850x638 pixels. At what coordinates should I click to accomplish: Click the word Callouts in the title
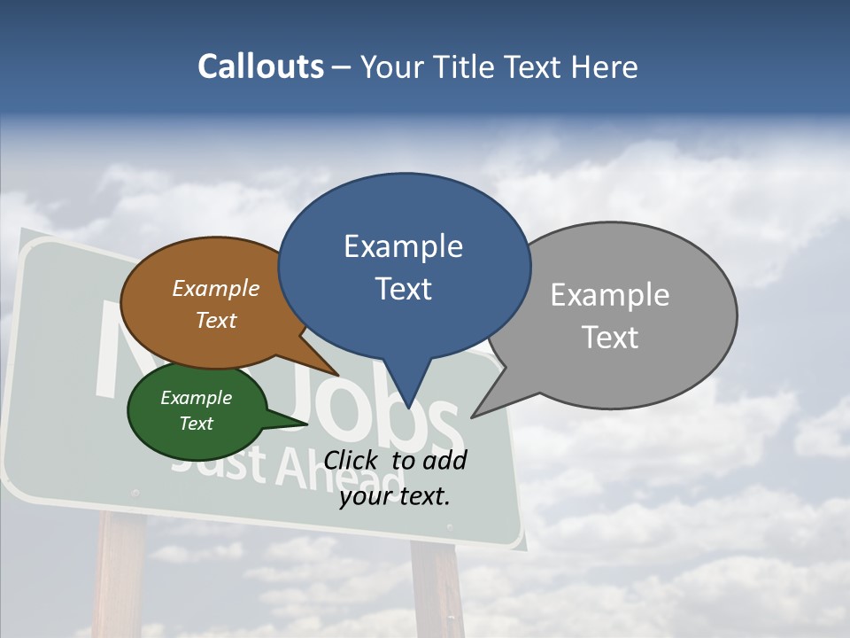click(x=261, y=66)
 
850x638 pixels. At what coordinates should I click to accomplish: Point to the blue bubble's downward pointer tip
click(x=407, y=406)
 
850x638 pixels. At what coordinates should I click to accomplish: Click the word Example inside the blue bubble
click(x=403, y=246)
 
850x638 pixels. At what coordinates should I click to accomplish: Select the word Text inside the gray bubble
click(x=609, y=338)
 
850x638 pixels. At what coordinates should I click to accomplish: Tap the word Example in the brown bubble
click(x=215, y=289)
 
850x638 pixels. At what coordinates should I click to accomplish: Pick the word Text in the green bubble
click(x=196, y=424)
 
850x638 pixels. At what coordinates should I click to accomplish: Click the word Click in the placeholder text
click(x=352, y=461)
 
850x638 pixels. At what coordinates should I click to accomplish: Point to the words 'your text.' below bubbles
click(x=395, y=496)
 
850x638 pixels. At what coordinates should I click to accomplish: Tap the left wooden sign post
click(x=120, y=576)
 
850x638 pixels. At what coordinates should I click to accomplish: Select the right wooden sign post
click(x=437, y=589)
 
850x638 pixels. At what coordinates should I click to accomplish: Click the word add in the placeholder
click(x=444, y=461)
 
